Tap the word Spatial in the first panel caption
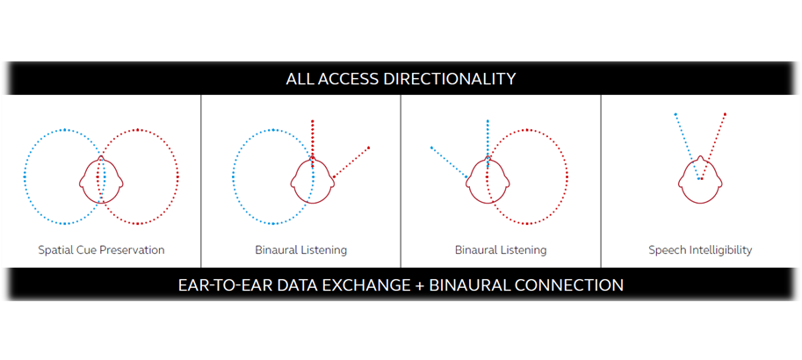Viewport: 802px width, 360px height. (x=53, y=250)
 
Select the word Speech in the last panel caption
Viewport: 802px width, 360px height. (x=664, y=250)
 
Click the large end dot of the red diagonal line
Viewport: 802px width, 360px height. (x=368, y=148)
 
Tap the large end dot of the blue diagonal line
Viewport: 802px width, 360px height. (x=431, y=148)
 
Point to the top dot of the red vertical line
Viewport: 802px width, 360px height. (x=313, y=121)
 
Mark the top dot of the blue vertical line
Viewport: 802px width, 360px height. (x=488, y=121)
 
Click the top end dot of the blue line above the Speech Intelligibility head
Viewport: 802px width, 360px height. (x=676, y=114)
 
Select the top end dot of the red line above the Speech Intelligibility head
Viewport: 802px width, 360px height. (x=726, y=114)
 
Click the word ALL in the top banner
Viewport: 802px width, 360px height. (x=299, y=79)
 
